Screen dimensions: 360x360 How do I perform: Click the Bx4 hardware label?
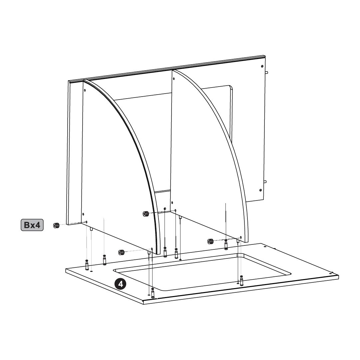(32, 225)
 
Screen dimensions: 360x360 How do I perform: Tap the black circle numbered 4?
(120, 284)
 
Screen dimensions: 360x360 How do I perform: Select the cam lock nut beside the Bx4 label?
(56, 225)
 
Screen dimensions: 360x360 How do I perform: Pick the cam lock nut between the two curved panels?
(145, 214)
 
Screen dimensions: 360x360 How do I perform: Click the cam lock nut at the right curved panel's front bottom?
(210, 241)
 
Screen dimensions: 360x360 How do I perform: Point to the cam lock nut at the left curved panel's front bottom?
(121, 252)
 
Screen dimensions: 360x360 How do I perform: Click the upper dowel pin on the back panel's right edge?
(266, 73)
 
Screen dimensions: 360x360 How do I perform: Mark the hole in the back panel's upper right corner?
(262, 66)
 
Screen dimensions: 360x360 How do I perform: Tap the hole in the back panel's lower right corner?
(260, 190)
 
